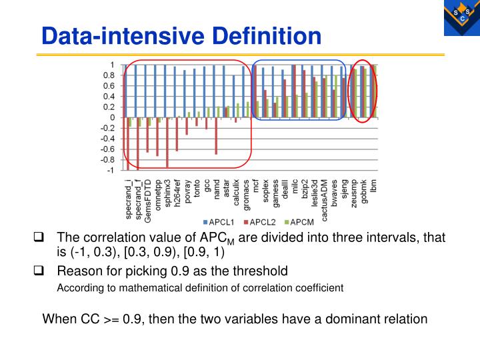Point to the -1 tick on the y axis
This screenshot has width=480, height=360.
112,170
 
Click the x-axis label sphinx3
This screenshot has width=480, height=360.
168,193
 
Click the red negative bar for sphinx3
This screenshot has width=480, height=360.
168,143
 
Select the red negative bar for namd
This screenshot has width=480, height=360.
217,136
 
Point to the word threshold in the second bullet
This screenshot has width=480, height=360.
261,271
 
